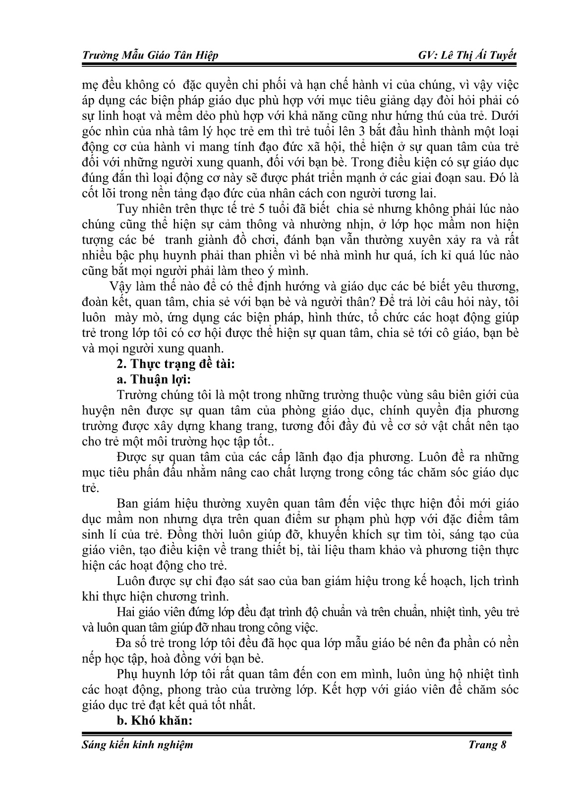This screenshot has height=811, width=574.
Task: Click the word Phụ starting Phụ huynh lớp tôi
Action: [127, 674]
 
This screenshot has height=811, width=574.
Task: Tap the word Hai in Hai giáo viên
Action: [126, 612]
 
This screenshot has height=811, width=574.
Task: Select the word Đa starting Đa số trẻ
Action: [124, 643]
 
